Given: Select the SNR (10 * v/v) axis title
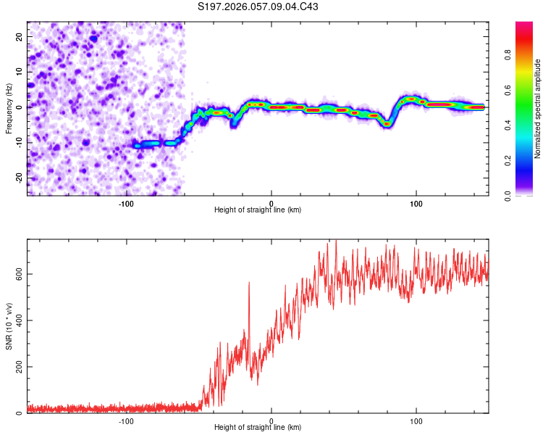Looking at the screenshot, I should pos(9,326).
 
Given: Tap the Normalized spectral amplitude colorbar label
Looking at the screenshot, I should pos(538,109).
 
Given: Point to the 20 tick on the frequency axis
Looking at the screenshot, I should pos(20,36).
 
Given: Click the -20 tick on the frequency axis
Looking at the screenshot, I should pos(18,178).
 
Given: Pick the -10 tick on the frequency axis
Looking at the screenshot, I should pos(18,142).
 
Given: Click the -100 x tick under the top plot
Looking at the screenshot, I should pos(127,203).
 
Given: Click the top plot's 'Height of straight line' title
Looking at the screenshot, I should pos(258,210).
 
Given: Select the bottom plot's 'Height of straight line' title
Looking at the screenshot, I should pos(258,428).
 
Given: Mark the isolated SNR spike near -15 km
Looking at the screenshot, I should pos(249,283).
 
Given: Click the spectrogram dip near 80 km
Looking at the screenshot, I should pos(387,124).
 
